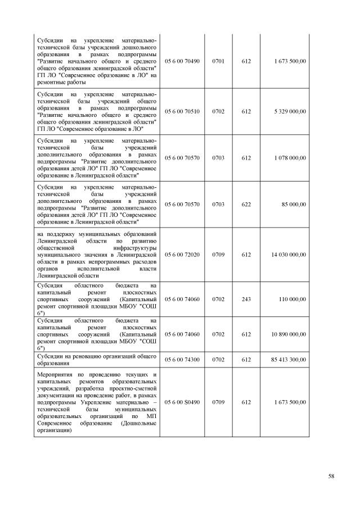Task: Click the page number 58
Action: click(331, 477)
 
